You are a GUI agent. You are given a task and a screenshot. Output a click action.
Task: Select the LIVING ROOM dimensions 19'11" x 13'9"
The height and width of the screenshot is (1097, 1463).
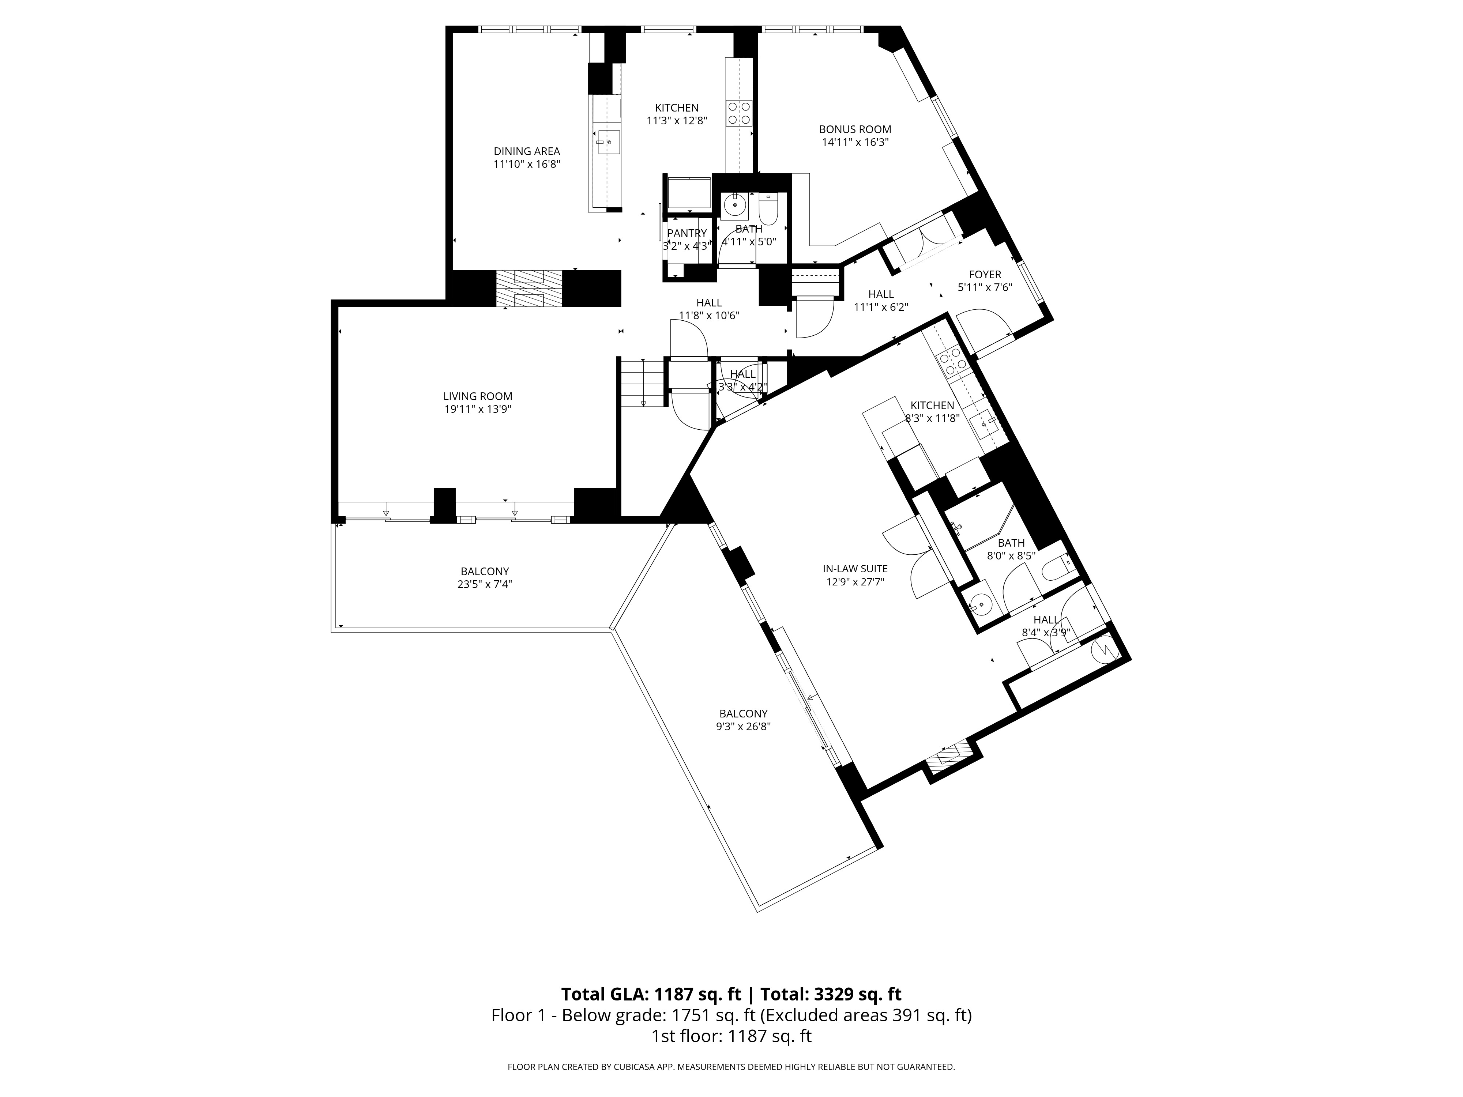point(478,409)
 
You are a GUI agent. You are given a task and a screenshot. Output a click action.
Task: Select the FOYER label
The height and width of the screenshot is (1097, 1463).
point(985,274)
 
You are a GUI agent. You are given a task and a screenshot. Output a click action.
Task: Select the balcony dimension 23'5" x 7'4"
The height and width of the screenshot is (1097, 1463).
point(485,585)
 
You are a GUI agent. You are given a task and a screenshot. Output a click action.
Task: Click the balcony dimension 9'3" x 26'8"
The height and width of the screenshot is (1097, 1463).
point(744,726)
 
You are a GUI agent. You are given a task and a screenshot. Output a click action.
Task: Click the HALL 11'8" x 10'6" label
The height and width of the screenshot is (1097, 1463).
point(709,303)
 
